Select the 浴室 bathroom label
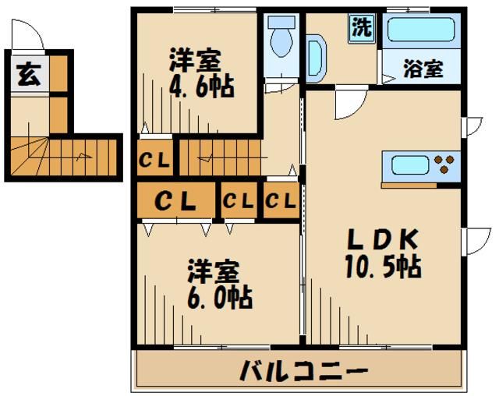pos(423,69)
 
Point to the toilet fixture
pos(278,35)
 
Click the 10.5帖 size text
pos(383,267)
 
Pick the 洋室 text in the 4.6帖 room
pos(195,60)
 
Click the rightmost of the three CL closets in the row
pos(280,201)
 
